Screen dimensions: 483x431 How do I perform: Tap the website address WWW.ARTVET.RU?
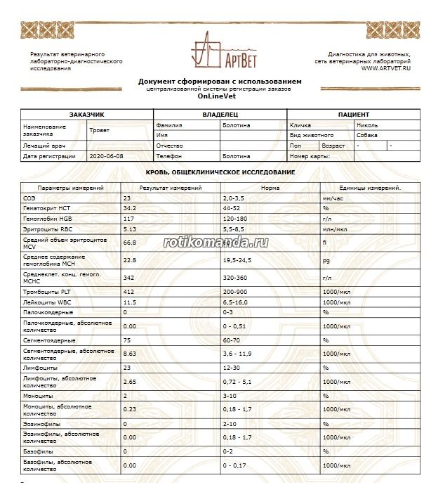(386, 68)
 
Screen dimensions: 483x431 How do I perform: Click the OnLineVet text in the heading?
(215, 96)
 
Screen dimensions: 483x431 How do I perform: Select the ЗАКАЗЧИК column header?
(87, 114)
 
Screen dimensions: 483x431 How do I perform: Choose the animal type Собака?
(367, 134)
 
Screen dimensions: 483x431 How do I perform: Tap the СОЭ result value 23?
(127, 199)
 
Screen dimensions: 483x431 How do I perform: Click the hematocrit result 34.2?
(129, 209)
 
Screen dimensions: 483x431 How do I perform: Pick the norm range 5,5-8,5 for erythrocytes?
(237, 229)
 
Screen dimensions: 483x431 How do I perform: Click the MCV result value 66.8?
(129, 243)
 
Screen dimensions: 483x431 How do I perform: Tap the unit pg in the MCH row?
(326, 260)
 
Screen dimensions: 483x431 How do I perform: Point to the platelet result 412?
(128, 291)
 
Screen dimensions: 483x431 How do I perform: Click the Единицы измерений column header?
(370, 188)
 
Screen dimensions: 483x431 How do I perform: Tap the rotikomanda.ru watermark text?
(216, 241)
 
